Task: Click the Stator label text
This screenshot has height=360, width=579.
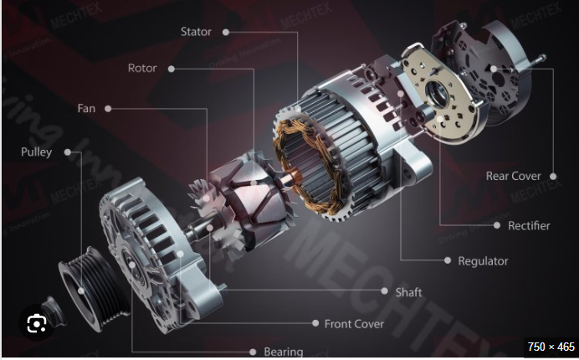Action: [196, 32]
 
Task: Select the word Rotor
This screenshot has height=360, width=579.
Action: [142, 69]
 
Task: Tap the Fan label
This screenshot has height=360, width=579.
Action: [86, 109]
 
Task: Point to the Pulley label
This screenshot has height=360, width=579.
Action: [37, 152]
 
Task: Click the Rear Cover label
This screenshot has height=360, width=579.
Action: [513, 177]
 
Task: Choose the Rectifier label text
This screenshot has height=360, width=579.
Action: [529, 225]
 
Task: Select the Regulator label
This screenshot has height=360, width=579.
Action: [483, 261]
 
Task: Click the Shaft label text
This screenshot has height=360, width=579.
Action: [408, 292]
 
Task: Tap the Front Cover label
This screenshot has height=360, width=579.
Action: [354, 323]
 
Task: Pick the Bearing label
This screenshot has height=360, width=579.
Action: [283, 352]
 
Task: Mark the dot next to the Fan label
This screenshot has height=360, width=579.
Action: [109, 109]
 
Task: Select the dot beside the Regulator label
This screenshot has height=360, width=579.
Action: [445, 261]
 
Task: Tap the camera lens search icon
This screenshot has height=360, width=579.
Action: [37, 322]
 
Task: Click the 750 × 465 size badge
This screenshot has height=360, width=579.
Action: [551, 346]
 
